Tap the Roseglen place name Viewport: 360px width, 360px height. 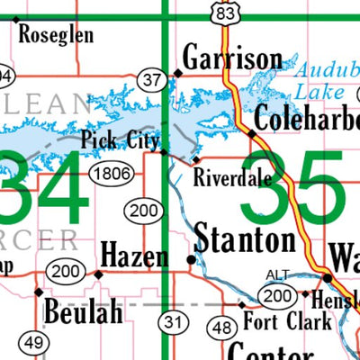point(55,35)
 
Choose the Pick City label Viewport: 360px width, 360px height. point(120,139)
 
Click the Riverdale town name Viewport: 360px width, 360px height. point(231,178)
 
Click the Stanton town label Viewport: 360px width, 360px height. point(245,240)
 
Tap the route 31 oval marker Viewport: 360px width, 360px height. point(172,321)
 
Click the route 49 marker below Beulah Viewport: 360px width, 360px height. point(34,342)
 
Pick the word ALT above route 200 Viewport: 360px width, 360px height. point(278,274)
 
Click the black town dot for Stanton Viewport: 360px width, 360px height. point(191,259)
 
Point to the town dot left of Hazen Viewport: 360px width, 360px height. point(97,273)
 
